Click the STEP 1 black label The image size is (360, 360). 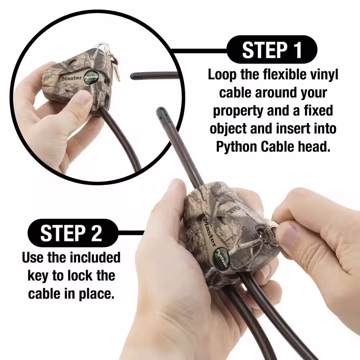272,49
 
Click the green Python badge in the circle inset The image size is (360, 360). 90,77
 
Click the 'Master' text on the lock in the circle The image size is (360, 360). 72,78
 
